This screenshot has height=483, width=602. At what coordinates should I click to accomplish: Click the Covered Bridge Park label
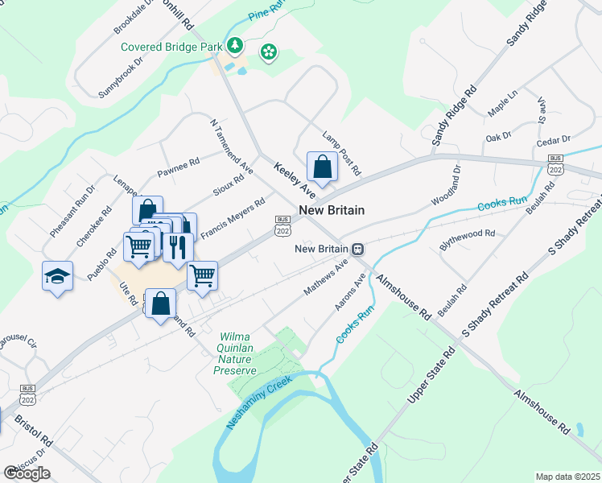point(171,47)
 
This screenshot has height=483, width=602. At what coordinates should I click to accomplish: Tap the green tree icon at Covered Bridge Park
point(235,46)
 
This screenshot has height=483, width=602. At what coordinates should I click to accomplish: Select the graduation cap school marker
point(58,276)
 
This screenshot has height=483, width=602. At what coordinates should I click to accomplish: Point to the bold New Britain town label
point(332,210)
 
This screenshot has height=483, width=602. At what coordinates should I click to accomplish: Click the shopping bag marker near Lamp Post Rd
point(322,167)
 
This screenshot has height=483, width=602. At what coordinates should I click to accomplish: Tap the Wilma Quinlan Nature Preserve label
point(234,353)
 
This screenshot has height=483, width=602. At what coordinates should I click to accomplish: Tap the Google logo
point(27,473)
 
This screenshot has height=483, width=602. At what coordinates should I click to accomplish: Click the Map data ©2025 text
point(567,477)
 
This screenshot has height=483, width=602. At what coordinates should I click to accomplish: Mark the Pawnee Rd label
point(178,167)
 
